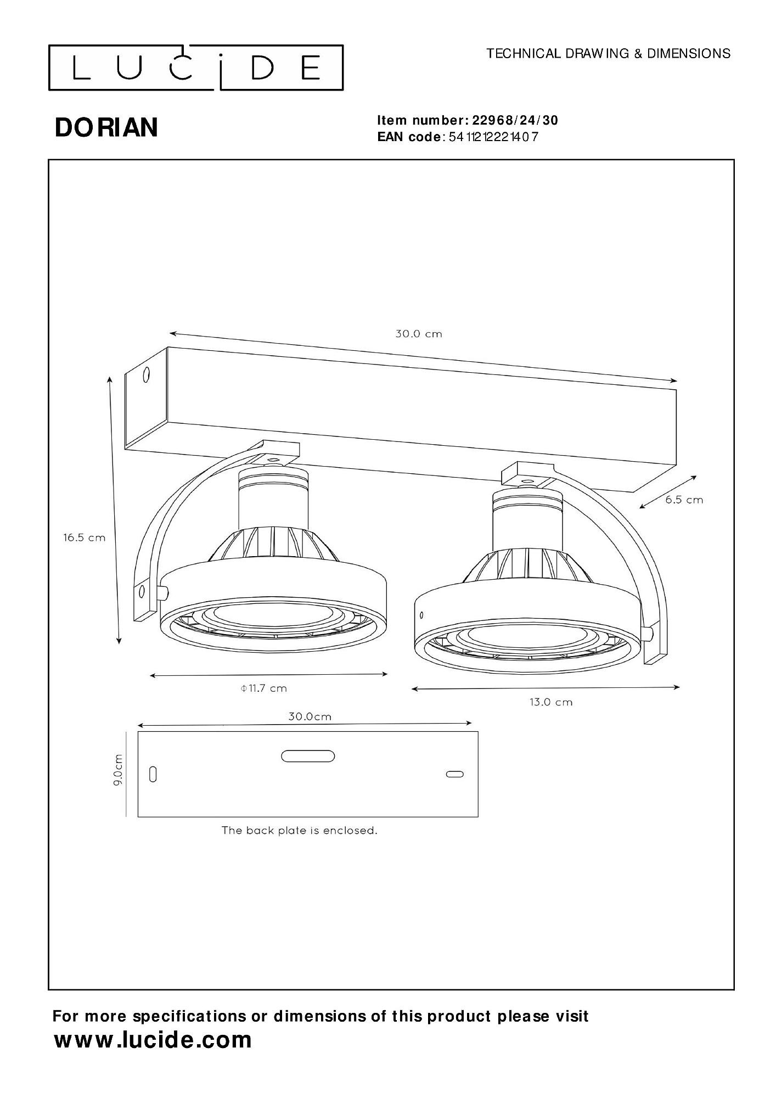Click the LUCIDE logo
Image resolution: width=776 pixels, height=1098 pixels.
[x=196, y=68]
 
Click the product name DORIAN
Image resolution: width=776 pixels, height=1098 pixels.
[x=106, y=127]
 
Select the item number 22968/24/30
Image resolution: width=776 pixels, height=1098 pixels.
[x=515, y=120]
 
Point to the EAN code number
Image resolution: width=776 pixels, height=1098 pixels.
[x=493, y=137]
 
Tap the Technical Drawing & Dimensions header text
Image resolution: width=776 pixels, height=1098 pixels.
[x=609, y=53]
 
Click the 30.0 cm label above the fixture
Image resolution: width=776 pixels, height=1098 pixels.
[x=419, y=334]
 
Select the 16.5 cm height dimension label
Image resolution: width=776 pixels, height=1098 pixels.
[x=84, y=537]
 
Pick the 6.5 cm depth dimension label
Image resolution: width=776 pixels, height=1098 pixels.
[x=684, y=500]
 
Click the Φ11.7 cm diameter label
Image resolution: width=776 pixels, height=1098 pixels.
[x=264, y=688]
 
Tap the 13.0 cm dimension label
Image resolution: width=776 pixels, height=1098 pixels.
[x=551, y=702]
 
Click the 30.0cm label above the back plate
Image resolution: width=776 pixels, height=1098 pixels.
[x=310, y=716]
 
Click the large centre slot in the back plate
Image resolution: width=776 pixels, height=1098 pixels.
[x=308, y=756]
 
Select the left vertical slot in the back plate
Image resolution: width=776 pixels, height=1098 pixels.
[x=153, y=775]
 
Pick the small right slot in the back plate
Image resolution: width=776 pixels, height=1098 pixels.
[x=454, y=774]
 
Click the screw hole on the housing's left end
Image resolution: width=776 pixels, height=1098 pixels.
[x=146, y=376]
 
